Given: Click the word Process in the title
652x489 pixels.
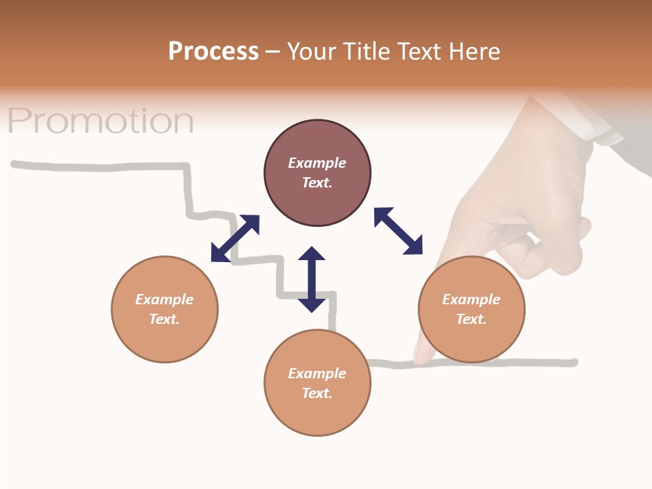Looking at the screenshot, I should (x=213, y=52).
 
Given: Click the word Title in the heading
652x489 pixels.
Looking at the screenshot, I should (x=365, y=52).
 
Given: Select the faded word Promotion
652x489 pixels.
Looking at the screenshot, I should (x=101, y=121).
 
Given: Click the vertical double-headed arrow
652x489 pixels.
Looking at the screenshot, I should (x=312, y=279).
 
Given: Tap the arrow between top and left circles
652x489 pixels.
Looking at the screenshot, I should (x=235, y=238).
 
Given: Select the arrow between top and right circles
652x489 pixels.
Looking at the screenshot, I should (x=398, y=231).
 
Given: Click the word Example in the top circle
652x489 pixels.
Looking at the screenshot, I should (x=317, y=163).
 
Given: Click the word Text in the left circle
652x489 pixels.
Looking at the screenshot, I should (x=164, y=319).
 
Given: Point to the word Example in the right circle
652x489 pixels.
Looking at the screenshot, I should (x=471, y=300).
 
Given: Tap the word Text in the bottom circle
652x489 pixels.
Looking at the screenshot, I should (x=317, y=393).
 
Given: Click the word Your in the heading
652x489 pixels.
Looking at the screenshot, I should (x=313, y=52).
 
